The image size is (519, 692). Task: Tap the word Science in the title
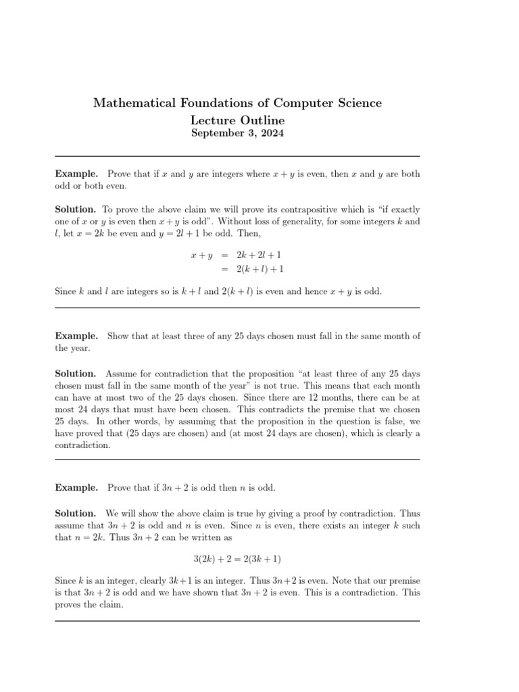click(355, 103)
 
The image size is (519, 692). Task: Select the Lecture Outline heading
click(237, 120)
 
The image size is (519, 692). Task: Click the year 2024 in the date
click(271, 133)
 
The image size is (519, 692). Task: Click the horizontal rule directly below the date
click(237, 156)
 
